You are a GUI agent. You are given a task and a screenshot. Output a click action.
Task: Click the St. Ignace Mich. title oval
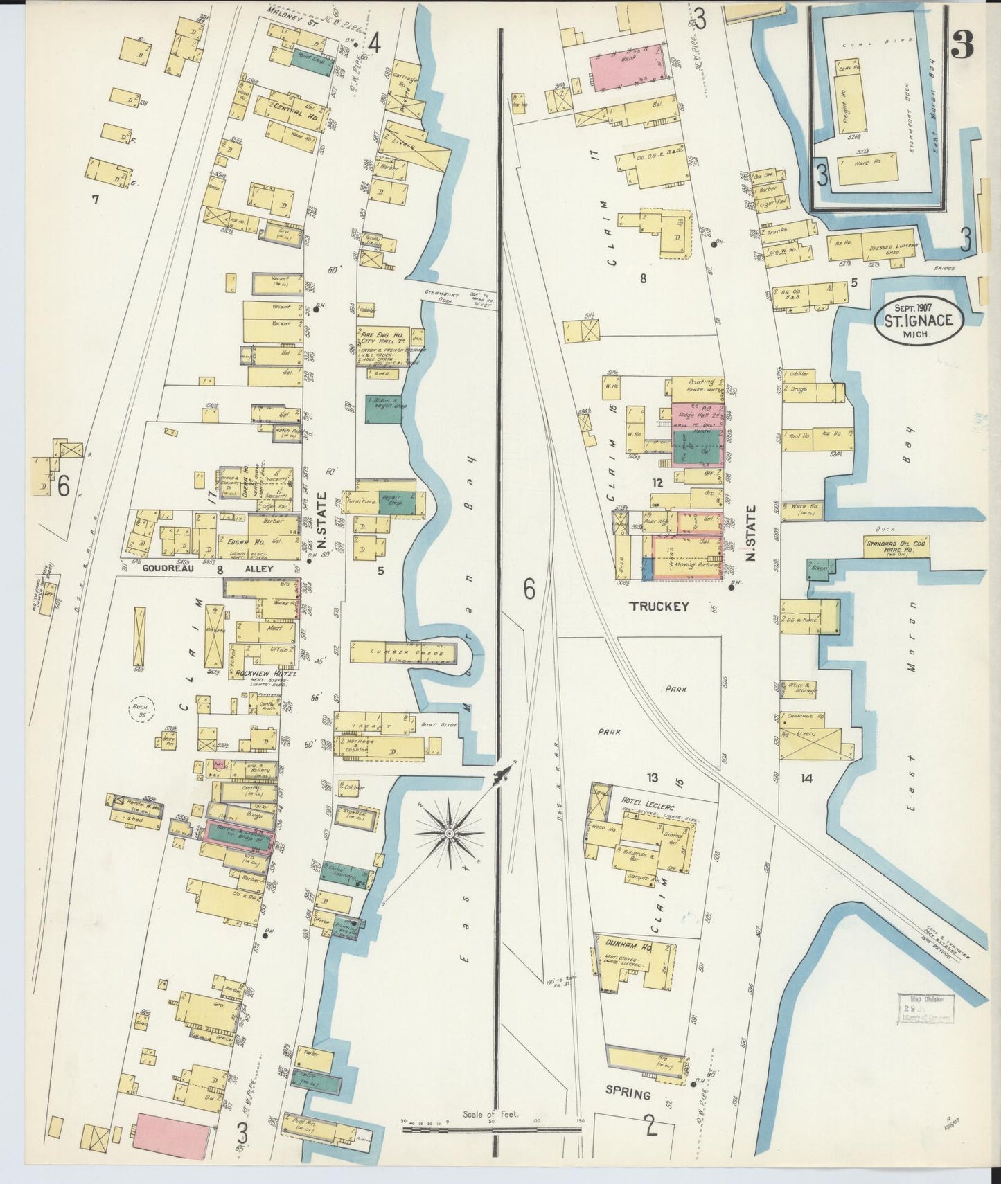917,320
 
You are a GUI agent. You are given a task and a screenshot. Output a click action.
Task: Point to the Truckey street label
659,607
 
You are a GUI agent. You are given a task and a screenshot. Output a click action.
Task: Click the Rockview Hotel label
266,673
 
